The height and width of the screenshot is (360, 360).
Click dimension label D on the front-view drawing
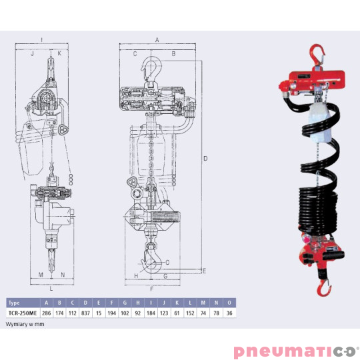[206, 158]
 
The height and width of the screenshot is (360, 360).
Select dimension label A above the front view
[157, 40]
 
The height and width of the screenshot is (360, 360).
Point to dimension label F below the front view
[152, 289]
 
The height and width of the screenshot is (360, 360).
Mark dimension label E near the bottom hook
[204, 271]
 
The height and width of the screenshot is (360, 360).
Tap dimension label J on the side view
[31, 53]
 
